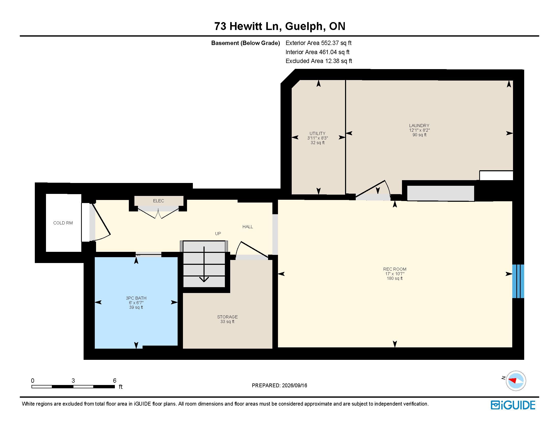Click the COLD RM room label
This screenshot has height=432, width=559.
63,223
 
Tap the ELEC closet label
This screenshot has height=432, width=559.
159,201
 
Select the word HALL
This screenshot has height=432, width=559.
247,227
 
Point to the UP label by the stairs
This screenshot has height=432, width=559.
218,233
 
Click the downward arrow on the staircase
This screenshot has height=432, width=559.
204,264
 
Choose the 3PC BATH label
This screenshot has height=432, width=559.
136,298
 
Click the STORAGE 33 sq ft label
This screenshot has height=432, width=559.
227,319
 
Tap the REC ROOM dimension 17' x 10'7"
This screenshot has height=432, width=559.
395,274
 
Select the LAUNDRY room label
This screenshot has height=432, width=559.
419,125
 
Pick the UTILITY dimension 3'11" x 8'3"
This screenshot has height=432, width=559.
318,138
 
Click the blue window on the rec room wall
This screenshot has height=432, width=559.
518,281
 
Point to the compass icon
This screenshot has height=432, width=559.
516,381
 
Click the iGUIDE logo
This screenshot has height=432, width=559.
513,405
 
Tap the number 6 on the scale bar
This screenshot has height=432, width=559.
115,381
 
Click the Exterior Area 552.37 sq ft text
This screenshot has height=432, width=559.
319,43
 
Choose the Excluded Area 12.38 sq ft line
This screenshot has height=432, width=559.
319,61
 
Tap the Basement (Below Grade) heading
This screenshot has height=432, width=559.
245,43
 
